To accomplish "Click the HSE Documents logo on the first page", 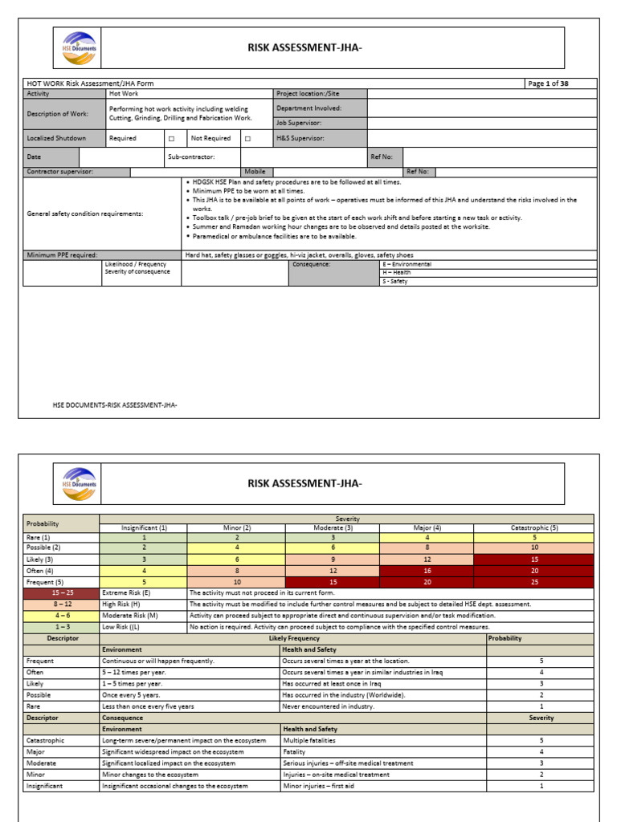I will (x=76, y=47).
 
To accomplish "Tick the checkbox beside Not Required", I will (x=247, y=138).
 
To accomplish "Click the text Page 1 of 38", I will (x=548, y=83).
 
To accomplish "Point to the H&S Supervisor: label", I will (x=302, y=138).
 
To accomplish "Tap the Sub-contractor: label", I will (x=191, y=157).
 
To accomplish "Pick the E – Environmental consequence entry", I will (x=407, y=263).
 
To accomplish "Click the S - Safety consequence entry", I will (x=395, y=282).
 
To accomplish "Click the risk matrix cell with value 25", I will (x=533, y=582).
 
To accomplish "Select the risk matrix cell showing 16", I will (x=427, y=571).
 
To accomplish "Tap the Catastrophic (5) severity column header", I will (x=533, y=527).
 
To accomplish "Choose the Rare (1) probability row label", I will (x=38, y=537).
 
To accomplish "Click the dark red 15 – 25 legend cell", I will (x=61, y=592).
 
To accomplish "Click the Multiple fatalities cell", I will (x=308, y=740).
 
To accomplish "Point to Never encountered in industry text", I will (x=327, y=706).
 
